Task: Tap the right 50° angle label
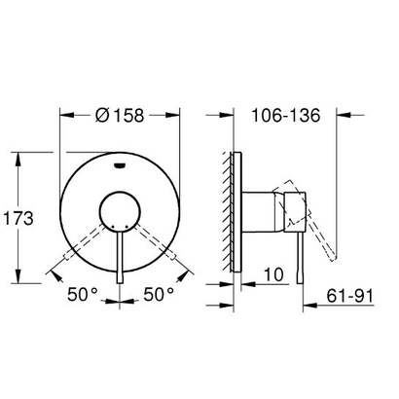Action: point(158,291)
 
